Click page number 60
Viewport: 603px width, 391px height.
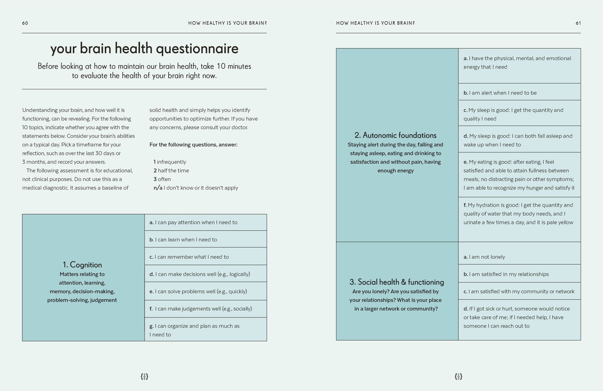tap(25, 23)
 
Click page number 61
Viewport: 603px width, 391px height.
tap(578, 23)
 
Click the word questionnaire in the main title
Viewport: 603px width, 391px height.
tap(197, 49)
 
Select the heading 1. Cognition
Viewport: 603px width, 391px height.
tap(82, 265)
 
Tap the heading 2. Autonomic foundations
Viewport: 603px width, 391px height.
tap(395, 135)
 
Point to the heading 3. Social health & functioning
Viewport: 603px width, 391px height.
tap(396, 282)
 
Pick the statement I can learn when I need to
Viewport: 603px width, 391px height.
tap(183, 240)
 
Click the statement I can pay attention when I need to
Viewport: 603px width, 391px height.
tap(193, 222)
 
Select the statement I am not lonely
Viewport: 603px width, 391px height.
tap(484, 257)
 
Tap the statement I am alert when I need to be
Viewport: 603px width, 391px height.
tap(500, 93)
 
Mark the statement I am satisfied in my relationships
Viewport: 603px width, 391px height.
tap(506, 274)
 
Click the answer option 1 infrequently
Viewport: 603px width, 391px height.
tap(170, 162)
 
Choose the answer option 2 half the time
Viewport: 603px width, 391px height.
tap(171, 171)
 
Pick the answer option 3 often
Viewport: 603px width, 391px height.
tap(162, 179)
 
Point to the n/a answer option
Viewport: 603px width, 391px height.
tap(196, 188)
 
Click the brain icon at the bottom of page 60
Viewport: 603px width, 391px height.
tap(144, 376)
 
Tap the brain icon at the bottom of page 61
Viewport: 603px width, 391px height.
tap(458, 376)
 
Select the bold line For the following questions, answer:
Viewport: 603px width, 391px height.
tap(193, 145)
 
